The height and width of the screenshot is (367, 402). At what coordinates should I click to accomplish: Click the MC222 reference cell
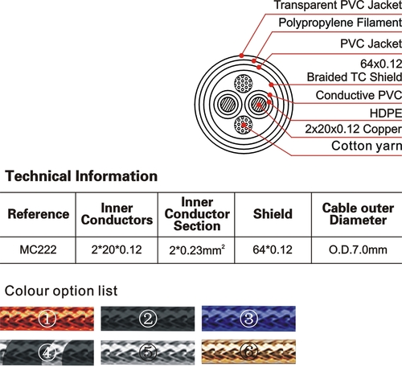38,250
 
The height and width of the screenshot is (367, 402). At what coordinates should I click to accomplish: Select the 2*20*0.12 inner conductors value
117,250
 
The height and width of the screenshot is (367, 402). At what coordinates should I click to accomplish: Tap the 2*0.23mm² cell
197,250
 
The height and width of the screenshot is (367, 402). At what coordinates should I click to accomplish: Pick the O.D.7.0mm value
358,250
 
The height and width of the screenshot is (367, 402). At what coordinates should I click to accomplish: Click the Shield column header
273,214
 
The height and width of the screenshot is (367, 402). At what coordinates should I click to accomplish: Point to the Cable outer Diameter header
358,214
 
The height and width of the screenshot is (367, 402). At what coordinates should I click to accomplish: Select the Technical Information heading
81,176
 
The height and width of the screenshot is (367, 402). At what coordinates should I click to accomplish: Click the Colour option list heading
61,291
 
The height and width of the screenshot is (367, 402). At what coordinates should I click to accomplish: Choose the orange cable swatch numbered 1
47,319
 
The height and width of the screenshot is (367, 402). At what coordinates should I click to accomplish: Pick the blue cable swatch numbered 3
248,319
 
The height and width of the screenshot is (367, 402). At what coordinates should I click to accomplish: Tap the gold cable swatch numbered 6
248,352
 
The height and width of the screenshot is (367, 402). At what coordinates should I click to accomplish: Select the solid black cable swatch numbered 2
148,319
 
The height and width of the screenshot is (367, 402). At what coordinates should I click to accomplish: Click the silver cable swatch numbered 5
148,353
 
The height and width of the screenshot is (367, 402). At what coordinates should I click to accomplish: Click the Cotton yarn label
367,146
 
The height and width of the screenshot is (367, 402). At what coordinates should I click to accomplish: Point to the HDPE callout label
386,113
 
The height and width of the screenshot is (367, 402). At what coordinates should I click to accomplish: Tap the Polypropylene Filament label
340,23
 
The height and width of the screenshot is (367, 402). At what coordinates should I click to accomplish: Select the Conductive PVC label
359,95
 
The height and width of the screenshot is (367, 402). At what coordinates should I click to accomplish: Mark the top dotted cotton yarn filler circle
244,84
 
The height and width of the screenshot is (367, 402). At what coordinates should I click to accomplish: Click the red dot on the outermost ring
241,56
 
